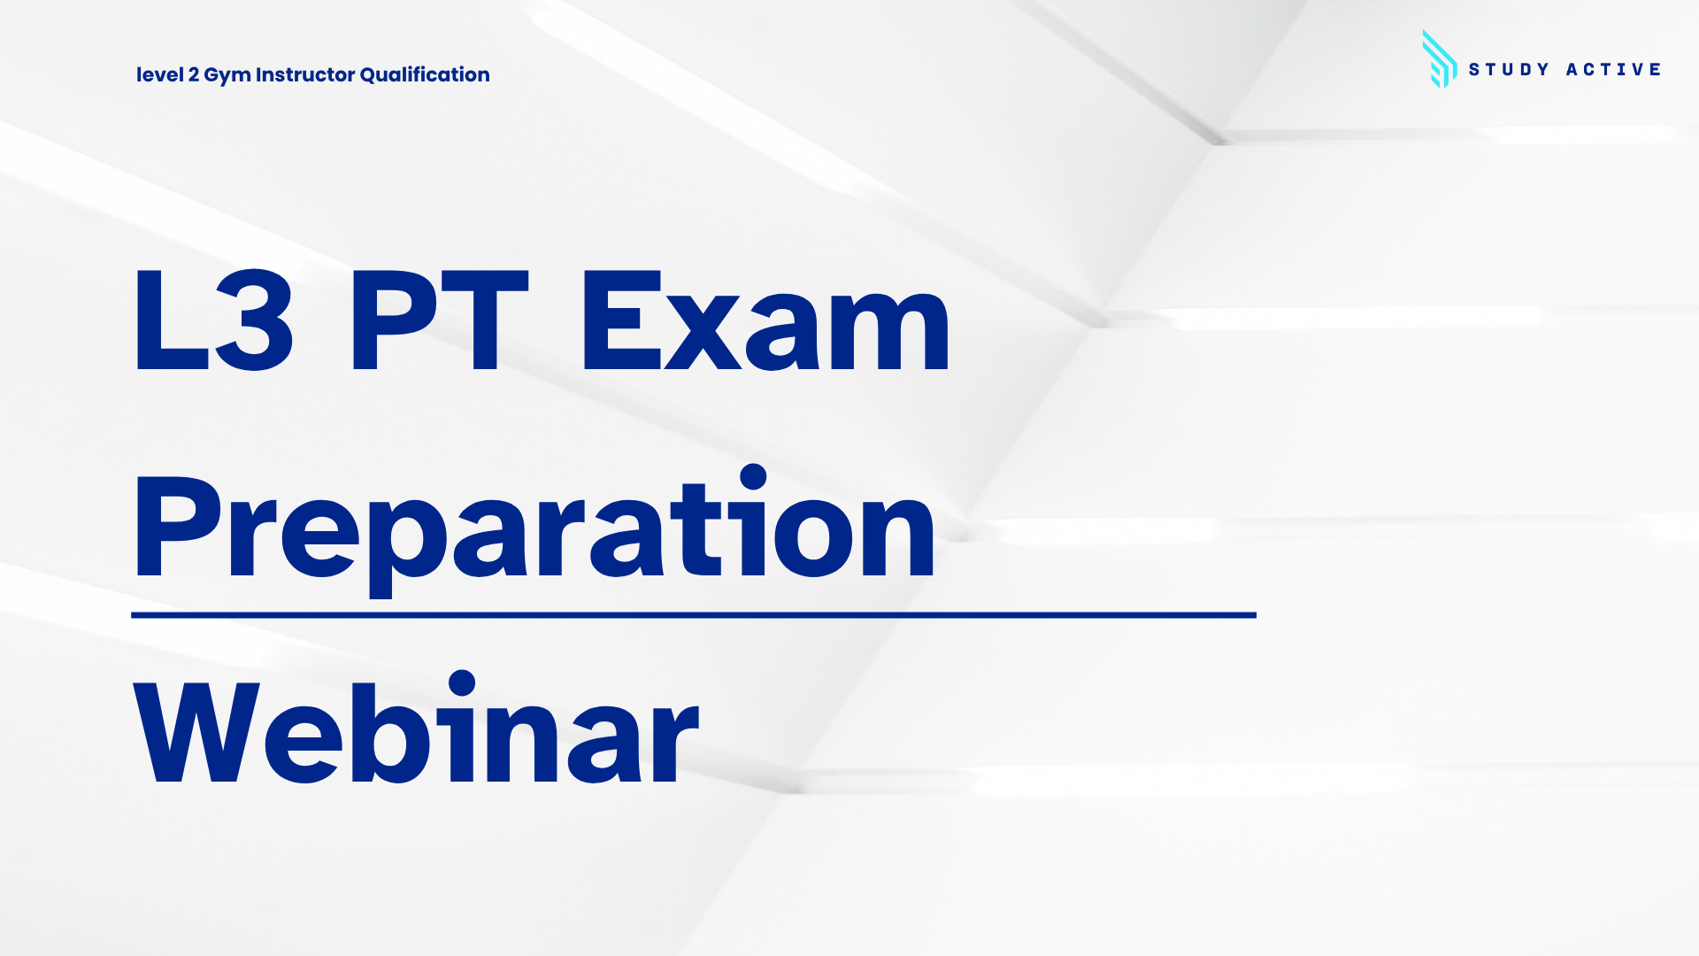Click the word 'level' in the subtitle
coord(159,74)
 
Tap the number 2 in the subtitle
coord(193,74)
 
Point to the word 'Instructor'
coord(305,74)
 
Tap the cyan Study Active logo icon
coord(1439,59)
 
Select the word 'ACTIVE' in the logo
coord(1613,69)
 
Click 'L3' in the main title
coord(213,320)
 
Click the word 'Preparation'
coord(534,529)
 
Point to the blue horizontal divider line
coord(694,614)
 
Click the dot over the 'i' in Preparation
coord(753,476)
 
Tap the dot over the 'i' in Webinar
coord(462,683)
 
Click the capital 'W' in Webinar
coord(196,731)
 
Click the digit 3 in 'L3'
coord(254,321)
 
